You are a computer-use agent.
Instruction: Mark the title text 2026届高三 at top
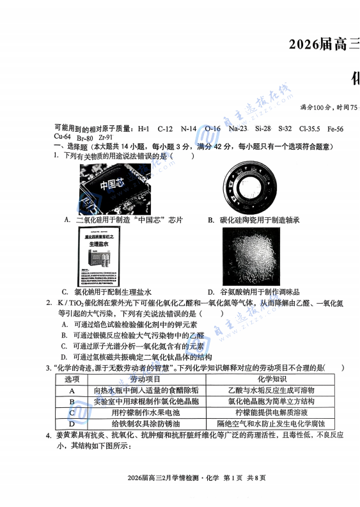click(324, 44)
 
